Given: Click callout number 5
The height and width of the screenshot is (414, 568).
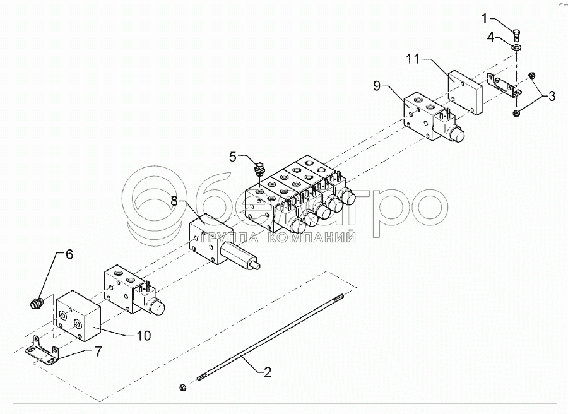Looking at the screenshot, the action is tap(233, 157).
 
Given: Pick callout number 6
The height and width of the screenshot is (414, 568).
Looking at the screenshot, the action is tap(69, 255).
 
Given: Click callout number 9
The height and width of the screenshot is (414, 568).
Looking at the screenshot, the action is tap(377, 86).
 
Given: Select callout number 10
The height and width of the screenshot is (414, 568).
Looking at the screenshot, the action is tap(144, 336).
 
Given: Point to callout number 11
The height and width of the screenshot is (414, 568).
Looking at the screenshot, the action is tap(413, 59).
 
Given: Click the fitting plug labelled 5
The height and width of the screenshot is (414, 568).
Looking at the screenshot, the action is tap(258, 169).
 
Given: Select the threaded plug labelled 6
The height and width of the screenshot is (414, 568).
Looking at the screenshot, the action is tap(37, 304).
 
